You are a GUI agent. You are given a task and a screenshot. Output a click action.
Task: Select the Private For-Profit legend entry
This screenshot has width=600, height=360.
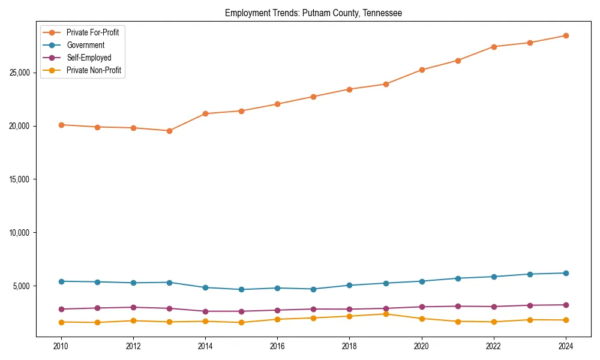coord(92,32)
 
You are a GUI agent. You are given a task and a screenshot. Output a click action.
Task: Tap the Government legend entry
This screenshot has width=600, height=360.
coord(85,45)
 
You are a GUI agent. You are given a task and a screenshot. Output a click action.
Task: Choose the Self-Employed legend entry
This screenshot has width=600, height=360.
coord(89,58)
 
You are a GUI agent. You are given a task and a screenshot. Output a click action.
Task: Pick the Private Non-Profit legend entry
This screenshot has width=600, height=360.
coord(94,70)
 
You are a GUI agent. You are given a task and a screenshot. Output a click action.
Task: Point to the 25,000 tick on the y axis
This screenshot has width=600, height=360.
coord(22,73)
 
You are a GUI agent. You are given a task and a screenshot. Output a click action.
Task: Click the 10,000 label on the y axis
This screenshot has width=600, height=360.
coord(22,233)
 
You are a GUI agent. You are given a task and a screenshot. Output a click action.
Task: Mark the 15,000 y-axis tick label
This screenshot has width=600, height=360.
coord(22,179)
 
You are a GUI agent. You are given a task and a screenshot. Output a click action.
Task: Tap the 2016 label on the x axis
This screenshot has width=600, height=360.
coord(277,346)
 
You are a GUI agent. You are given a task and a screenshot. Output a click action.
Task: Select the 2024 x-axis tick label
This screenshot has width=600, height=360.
coord(566,346)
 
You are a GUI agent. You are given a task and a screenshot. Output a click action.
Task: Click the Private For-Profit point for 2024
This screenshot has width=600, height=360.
coord(566,35)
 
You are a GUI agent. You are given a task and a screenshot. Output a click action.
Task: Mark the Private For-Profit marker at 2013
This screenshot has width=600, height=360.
coord(169,131)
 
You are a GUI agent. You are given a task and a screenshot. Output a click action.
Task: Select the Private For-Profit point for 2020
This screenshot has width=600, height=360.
coord(422,70)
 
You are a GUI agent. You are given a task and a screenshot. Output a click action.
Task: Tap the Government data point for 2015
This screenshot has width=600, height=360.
coord(241,289)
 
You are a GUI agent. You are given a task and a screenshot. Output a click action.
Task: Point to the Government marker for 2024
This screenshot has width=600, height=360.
coord(566,273)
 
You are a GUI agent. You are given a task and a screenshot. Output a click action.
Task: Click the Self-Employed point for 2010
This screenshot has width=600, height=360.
coord(61,309)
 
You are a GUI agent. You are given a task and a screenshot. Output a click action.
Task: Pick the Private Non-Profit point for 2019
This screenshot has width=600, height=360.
coord(386,314)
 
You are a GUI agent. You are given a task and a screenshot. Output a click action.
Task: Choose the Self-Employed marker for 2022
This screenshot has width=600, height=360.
coord(494,307)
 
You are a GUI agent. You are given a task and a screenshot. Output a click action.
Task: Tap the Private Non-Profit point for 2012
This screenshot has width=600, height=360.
coord(133,320)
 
